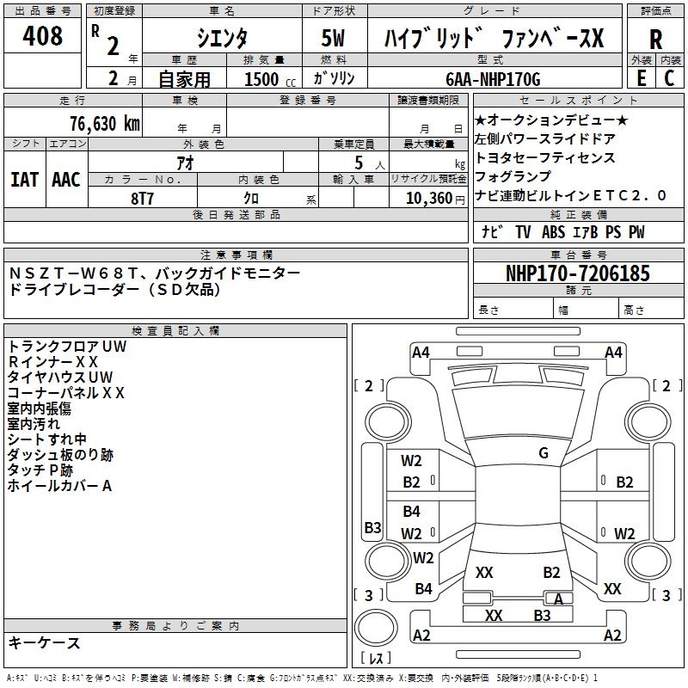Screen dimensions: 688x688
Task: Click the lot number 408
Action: coord(43,36)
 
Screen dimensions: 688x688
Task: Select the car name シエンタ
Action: coord(221,38)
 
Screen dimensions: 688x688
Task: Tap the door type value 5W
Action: coord(335,38)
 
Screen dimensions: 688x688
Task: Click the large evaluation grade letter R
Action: coord(655,40)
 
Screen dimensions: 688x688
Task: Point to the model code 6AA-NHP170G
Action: coord(493,79)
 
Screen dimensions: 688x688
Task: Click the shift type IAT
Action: coord(24,180)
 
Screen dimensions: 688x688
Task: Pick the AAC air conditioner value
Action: coord(65,180)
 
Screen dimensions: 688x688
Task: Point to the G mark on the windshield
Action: coord(544,453)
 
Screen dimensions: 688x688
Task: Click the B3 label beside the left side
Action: coord(372,527)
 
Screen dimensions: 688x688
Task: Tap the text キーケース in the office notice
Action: coord(44,643)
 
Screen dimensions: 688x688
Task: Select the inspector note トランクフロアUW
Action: coord(67,347)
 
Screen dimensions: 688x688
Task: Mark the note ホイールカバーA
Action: coord(60,486)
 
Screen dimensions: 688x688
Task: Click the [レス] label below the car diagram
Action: coord(376,658)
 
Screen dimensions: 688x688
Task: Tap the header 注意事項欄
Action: coord(236,255)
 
